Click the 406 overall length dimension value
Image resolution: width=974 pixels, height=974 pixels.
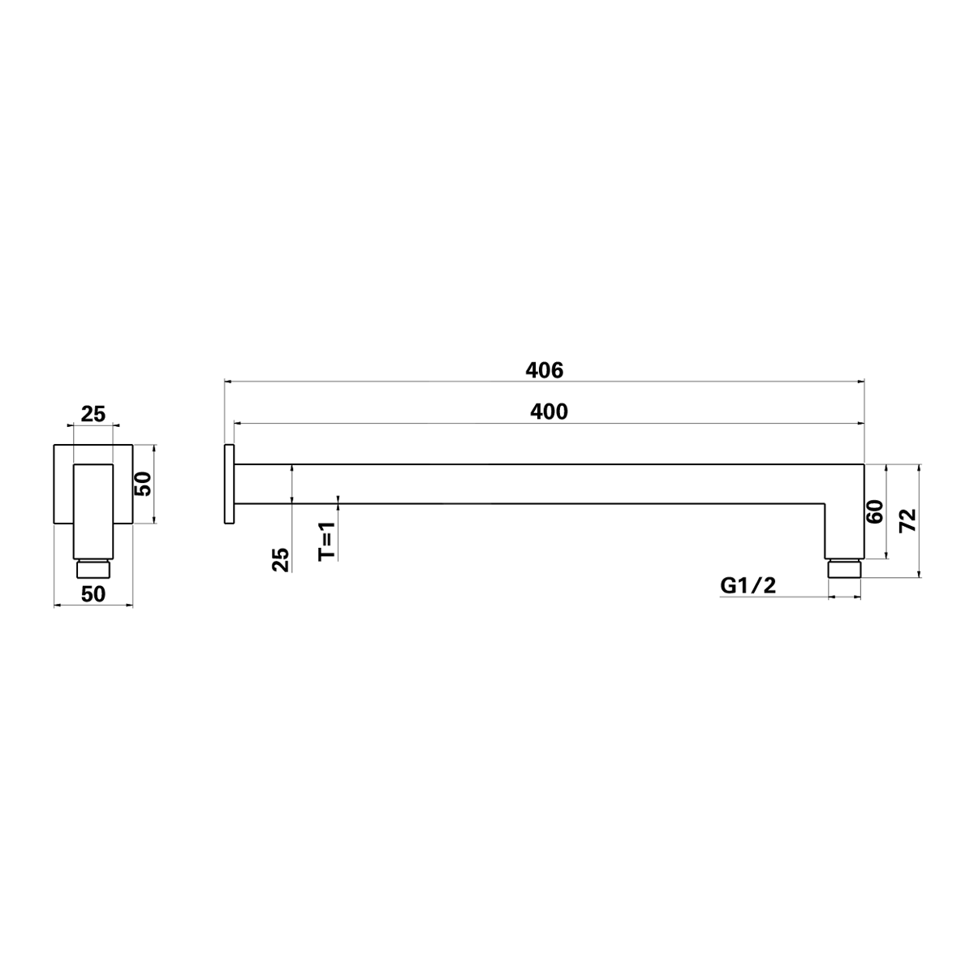tap(544, 370)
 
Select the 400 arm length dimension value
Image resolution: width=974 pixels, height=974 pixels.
tap(549, 412)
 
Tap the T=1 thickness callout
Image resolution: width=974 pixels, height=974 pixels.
tap(326, 541)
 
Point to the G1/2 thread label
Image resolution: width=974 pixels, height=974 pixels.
tap(748, 585)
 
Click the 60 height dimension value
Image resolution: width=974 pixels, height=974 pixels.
tap(874, 512)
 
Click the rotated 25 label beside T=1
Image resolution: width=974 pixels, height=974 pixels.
tap(280, 560)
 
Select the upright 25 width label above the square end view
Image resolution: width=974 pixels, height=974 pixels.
tap(93, 415)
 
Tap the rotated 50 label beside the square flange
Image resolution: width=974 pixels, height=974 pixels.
tap(143, 485)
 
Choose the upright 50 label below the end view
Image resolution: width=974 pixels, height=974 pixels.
tap(93, 594)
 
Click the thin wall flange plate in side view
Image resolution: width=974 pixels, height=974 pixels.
tap(229, 485)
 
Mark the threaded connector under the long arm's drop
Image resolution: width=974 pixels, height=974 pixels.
tap(844, 568)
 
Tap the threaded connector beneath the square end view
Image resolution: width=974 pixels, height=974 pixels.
tap(93, 568)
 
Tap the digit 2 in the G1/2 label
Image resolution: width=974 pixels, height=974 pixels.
tap(768, 585)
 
